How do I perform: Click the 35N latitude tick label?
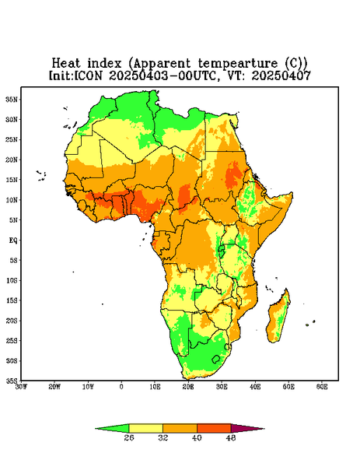12,99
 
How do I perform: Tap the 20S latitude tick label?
12,321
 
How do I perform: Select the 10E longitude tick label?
155,387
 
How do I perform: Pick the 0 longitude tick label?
121,387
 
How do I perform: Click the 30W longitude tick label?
21,387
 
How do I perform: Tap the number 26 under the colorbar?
129,437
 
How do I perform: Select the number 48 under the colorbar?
231,437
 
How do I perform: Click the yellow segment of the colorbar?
145,428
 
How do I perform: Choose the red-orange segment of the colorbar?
214,428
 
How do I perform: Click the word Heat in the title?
66,63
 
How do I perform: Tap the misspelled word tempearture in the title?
237,64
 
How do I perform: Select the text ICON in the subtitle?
87,75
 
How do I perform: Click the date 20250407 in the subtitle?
281,75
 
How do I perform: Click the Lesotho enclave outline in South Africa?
216,359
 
